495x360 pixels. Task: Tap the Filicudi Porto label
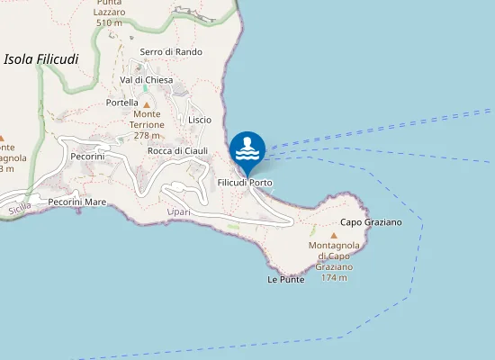tap(245, 183)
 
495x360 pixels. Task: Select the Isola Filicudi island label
tap(41, 59)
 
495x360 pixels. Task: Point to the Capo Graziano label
tap(371, 221)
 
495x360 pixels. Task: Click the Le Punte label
tap(286, 279)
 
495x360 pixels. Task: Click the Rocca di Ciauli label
tap(177, 150)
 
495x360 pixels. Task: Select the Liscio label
tap(200, 120)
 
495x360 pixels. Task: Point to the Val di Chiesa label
tap(146, 80)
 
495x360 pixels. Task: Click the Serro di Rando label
tap(171, 52)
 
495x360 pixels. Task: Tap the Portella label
tap(121, 103)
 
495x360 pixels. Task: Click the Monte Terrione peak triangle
tap(147, 104)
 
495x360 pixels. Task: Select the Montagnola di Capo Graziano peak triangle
tap(334, 234)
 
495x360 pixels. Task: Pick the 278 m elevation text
tap(147, 135)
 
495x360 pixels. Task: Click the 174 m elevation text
tap(334, 278)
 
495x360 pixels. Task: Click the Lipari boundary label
tap(179, 212)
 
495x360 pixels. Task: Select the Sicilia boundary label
tap(19, 208)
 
